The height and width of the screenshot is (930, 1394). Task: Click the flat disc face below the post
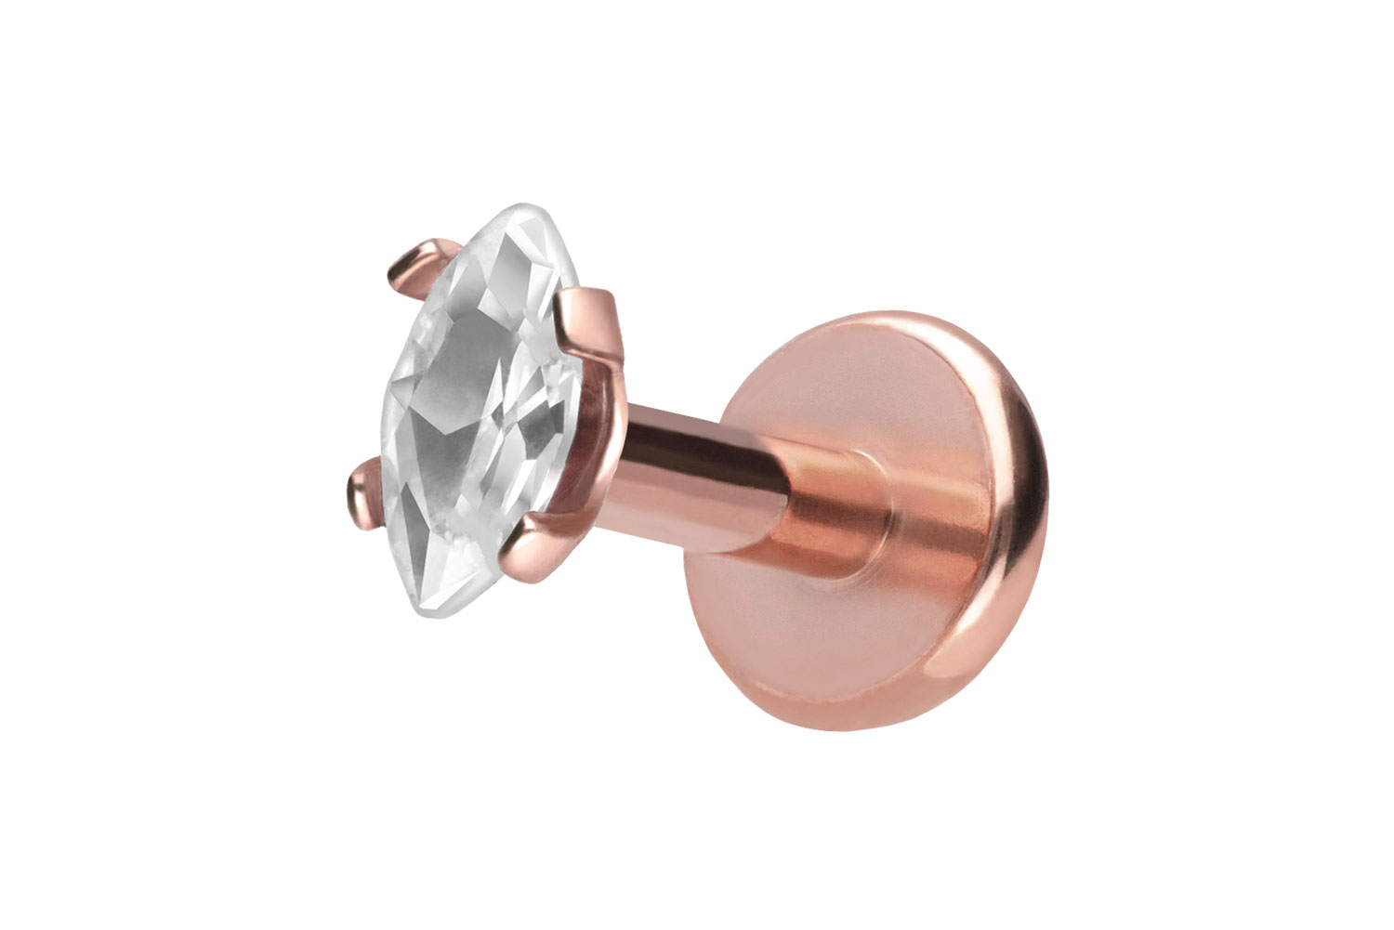click(809, 650)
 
